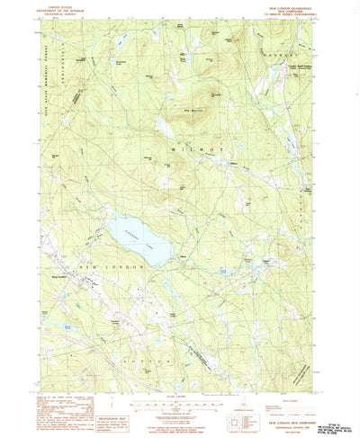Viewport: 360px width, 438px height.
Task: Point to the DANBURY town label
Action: [274, 76]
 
